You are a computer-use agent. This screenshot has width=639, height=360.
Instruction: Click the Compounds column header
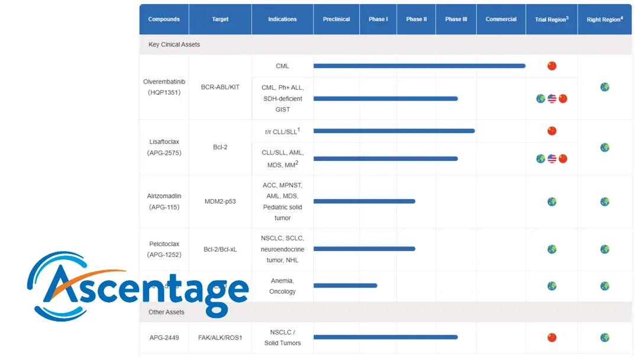(x=164, y=20)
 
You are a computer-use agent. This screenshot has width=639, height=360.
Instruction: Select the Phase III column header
(x=456, y=20)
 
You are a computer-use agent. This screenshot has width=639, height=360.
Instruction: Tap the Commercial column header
(x=501, y=20)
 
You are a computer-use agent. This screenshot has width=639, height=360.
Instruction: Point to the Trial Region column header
(x=551, y=20)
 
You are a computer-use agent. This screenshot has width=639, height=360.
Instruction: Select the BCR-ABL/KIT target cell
(x=220, y=87)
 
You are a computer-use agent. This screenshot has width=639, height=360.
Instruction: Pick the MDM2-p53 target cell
(x=220, y=202)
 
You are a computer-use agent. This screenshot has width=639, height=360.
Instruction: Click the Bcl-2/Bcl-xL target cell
(x=220, y=249)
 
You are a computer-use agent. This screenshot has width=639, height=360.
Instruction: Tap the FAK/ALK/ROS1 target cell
(x=220, y=337)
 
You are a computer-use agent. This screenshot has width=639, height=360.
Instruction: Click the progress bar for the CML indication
(x=419, y=66)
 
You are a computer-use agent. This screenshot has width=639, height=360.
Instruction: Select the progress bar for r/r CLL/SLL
(x=393, y=131)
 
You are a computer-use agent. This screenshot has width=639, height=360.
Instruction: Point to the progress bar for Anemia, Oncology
(x=345, y=286)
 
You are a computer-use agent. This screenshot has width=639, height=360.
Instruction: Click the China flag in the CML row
(x=551, y=66)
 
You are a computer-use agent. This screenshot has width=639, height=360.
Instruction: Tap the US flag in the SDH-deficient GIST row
(x=551, y=99)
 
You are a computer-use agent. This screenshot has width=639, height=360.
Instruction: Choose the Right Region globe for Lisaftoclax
(x=604, y=147)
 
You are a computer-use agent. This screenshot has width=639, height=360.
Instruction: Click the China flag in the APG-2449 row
(x=551, y=337)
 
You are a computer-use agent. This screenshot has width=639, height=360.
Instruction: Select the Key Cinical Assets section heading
(x=174, y=45)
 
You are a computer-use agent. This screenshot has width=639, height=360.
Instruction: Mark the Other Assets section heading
(x=166, y=312)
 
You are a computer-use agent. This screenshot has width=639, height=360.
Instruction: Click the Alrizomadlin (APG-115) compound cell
(x=164, y=202)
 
